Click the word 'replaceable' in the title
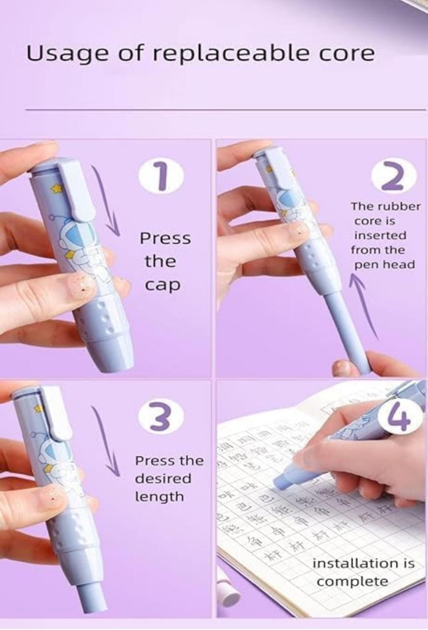[x=231, y=53]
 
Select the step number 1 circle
[x=161, y=176]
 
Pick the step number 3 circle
[x=161, y=418]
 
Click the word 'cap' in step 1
[x=162, y=285]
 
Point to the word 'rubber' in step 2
[x=398, y=206]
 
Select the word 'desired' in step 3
[x=163, y=479]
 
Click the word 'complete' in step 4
[x=352, y=582]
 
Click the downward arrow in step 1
[x=108, y=202]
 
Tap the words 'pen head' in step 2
[x=384, y=265]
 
